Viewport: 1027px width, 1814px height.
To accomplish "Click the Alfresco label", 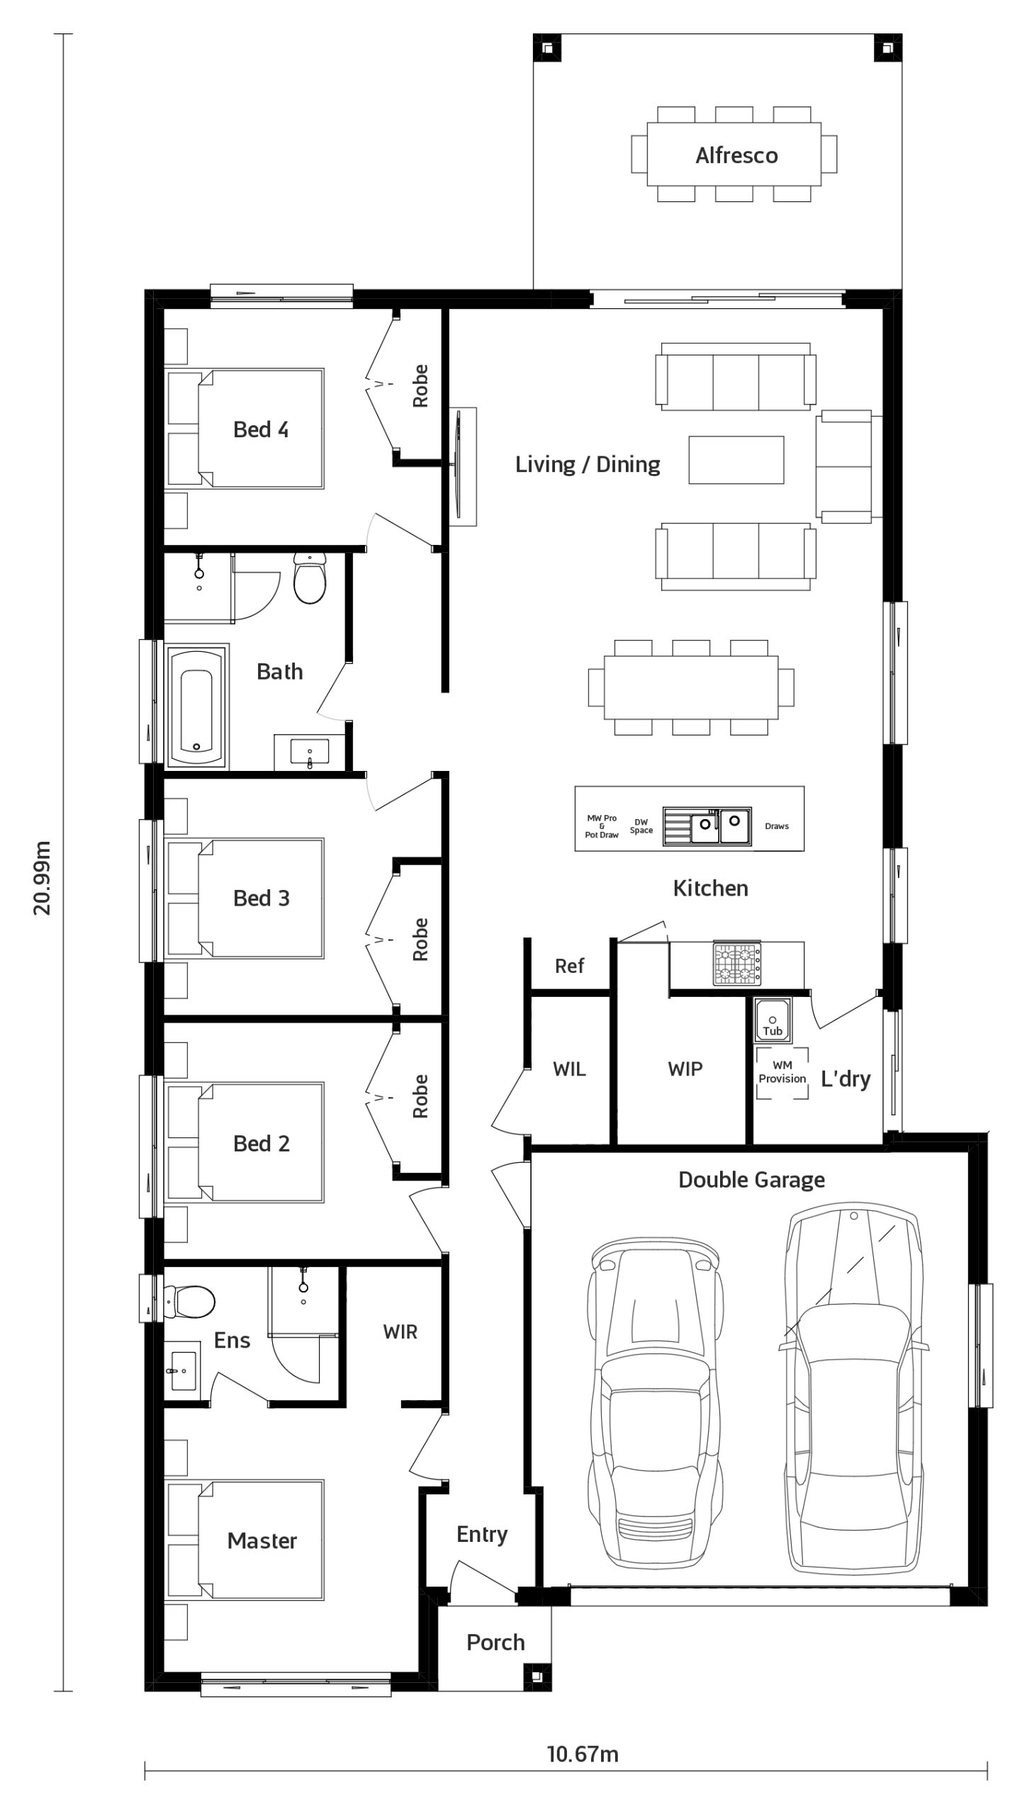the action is point(736,155).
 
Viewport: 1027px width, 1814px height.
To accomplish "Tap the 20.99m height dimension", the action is point(43,878).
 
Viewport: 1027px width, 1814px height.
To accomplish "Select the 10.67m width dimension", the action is point(583,1754).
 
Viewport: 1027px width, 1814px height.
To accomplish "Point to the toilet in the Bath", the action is point(310,578).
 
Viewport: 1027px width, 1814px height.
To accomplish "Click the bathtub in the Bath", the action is point(197,706).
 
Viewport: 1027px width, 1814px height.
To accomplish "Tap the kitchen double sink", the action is point(707,826).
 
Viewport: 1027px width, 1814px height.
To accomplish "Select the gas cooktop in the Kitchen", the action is point(737,963).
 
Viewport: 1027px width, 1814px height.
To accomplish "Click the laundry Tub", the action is point(773,1020).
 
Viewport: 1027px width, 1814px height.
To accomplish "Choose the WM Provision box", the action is point(782,1072).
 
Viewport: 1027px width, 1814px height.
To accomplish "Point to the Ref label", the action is point(570,965).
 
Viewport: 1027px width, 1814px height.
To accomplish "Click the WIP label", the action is point(685,1069).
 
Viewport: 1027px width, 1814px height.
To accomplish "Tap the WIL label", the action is point(570,1069).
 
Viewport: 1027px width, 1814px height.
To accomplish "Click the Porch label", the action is point(495,1642).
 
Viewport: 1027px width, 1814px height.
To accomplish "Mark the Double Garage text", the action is point(752,1180).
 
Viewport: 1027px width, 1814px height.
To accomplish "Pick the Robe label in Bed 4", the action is point(420,385).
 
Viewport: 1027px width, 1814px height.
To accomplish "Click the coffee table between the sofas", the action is point(736,460).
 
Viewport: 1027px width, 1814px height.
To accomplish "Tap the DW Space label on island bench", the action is point(641,826).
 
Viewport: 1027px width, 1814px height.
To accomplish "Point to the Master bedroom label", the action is point(262,1540).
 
